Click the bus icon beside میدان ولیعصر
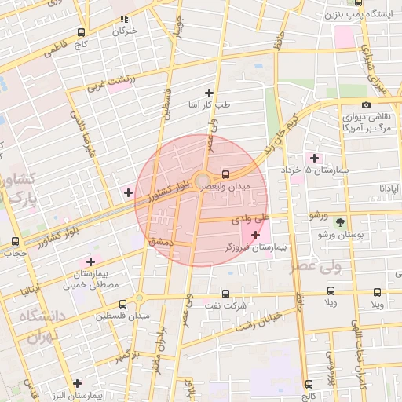[x=226, y=174]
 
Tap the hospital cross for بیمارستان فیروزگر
[x=255, y=235]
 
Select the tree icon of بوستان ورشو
[x=340, y=223]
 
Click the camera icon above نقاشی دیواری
[x=366, y=105]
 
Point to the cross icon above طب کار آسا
[x=209, y=93]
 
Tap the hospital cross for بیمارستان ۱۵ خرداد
[x=315, y=158]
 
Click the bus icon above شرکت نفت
[x=226, y=294]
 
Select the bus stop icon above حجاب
[x=15, y=242]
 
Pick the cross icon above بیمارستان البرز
[x=76, y=384]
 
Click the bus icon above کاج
[x=81, y=33]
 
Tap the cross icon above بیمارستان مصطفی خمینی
[x=90, y=261]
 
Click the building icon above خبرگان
[x=124, y=20]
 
